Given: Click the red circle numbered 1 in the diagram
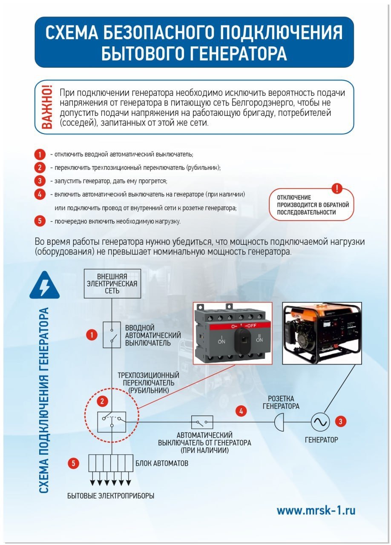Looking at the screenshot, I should tap(92, 335).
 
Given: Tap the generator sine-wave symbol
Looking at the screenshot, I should tap(319, 422).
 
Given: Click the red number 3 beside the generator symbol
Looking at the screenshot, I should tap(340, 422).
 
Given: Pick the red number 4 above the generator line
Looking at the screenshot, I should tap(241, 411).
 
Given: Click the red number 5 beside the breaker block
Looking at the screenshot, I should tap(75, 464).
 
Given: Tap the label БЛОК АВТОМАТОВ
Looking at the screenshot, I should tap(161, 463).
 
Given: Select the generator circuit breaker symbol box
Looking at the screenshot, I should tap(202, 422).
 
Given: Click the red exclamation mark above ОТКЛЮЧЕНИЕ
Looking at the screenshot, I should tap(337, 188).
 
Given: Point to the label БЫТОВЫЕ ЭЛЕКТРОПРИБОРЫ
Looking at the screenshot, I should tap(111, 496).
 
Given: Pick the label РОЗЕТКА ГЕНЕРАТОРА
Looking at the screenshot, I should tap(281, 402).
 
